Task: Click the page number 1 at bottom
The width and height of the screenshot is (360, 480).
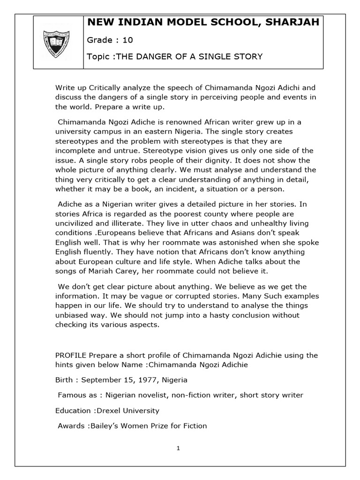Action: coord(179,448)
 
